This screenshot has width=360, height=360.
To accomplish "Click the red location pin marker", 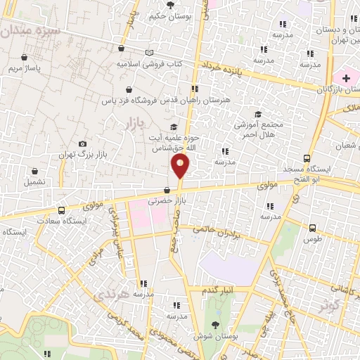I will [180, 167].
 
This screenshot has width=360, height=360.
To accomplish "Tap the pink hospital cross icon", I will [346, 77].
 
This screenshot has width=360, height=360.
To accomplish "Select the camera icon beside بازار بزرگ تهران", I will [83, 143].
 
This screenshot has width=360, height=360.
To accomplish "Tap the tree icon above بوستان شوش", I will [215, 325].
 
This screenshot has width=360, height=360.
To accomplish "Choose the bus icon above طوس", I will [313, 227].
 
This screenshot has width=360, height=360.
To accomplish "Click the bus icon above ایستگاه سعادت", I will [61, 210].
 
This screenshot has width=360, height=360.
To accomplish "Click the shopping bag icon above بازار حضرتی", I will [167, 190].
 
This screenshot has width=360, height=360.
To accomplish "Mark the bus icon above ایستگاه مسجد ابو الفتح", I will [306, 158].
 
